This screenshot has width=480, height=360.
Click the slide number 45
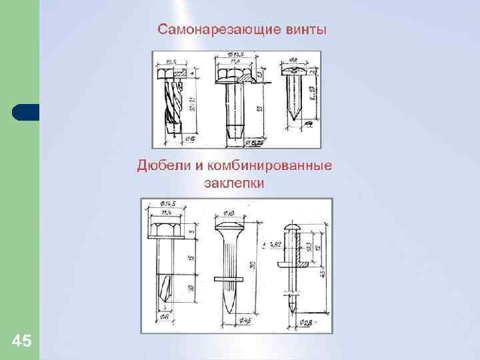pyautogui.click(x=21, y=341)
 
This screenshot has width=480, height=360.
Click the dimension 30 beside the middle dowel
pyautogui.click(x=251, y=265)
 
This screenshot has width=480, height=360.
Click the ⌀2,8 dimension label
pyautogui.click(x=305, y=323)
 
